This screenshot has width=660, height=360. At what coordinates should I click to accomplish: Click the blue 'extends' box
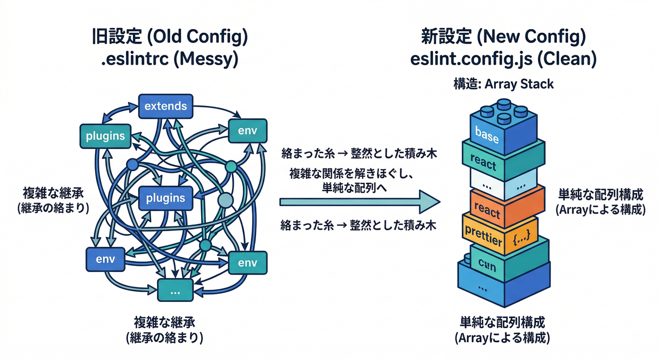[165, 106]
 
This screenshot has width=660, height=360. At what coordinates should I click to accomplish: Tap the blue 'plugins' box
[165, 198]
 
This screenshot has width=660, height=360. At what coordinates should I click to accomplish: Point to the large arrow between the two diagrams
[359, 202]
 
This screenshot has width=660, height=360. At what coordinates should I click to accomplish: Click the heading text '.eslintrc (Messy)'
[169, 60]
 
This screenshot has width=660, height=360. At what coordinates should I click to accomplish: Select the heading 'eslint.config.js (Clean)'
[503, 60]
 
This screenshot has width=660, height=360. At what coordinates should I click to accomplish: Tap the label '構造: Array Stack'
[503, 84]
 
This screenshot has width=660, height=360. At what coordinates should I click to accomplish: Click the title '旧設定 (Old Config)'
[169, 37]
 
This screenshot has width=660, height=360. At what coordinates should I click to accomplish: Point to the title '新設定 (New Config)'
[503, 37]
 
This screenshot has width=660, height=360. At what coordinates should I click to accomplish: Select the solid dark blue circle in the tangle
[132, 165]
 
